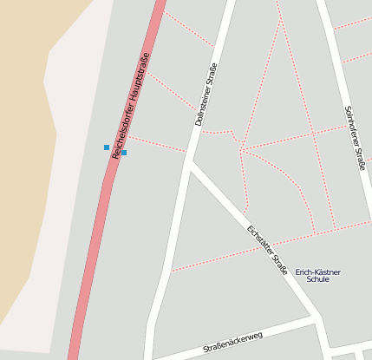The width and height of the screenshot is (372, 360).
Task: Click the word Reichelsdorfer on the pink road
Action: click(x=121, y=129)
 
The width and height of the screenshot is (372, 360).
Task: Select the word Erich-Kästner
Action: click(x=318, y=272)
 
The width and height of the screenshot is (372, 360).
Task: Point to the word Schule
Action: click(x=318, y=280)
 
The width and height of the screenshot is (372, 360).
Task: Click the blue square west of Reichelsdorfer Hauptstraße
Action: click(x=107, y=147)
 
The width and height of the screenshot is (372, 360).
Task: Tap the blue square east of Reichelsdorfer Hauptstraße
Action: click(x=124, y=153)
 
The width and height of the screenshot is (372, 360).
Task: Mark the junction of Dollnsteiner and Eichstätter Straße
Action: click(x=191, y=162)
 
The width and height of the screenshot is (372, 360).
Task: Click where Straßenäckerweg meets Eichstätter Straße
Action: click(x=315, y=319)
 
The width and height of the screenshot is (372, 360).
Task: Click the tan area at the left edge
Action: click(x=22, y=173)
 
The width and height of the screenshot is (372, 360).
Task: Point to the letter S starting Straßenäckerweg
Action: click(x=206, y=350)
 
